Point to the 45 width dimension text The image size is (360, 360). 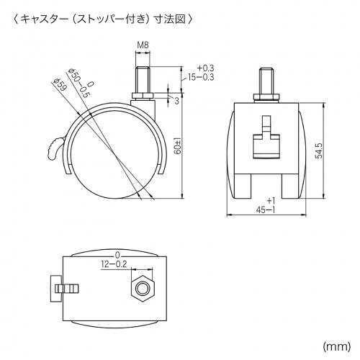[x=267, y=210]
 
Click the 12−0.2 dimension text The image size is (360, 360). [x=116, y=264]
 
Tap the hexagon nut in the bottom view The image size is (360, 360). [x=143, y=289]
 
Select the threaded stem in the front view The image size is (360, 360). [x=266, y=81]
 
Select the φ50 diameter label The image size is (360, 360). [x=76, y=77]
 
